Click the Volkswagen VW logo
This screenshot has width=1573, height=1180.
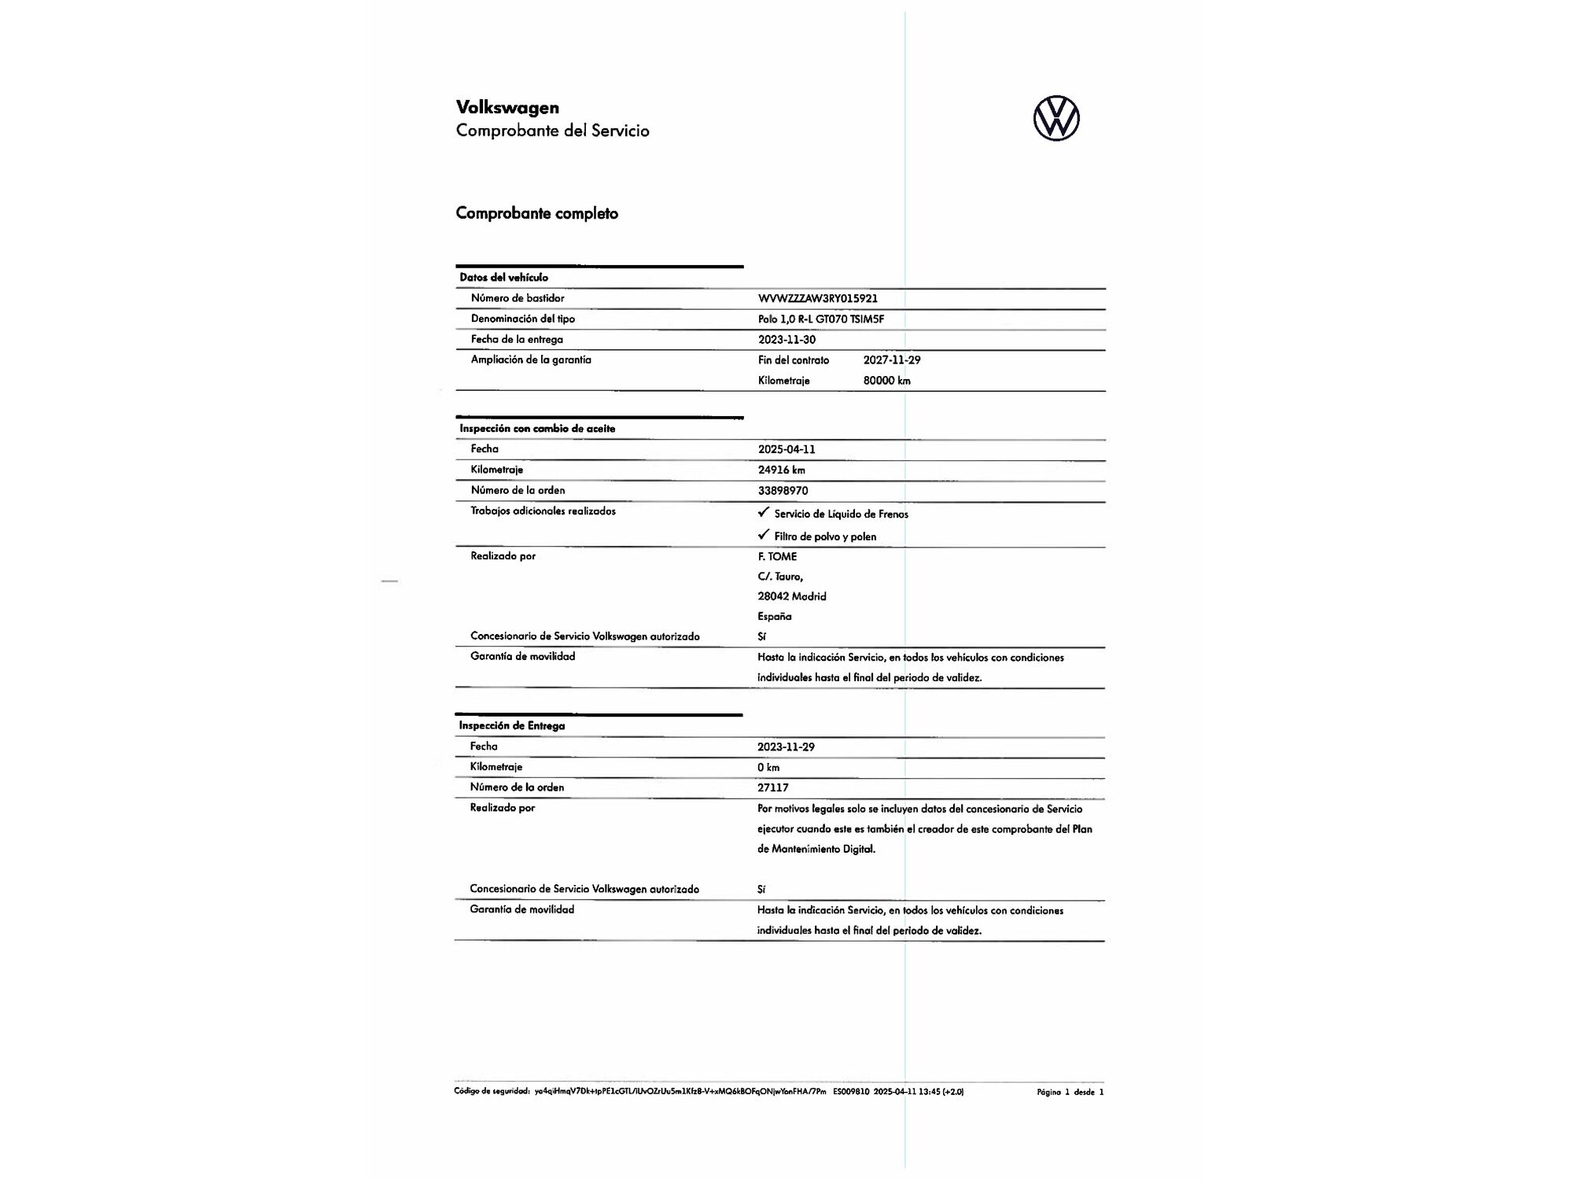[1056, 119]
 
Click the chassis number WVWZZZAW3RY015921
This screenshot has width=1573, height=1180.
[817, 299]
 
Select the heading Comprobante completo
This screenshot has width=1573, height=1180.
[536, 213]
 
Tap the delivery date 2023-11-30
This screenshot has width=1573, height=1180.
[786, 340]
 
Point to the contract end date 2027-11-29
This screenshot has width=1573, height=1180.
[892, 360]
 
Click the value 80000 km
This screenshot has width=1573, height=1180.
[886, 381]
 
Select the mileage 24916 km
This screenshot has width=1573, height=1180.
[781, 470]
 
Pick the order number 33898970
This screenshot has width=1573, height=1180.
[783, 491]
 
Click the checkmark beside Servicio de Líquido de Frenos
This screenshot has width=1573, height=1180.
[763, 512]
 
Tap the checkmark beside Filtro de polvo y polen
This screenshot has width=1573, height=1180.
[763, 535]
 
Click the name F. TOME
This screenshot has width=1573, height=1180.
[777, 557]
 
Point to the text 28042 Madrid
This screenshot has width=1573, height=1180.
[791, 597]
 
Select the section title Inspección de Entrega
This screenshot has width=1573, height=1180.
[511, 726]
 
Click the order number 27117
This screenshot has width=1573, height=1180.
[772, 787]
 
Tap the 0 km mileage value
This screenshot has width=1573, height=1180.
[768, 768]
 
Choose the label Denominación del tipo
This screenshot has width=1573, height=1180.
[522, 319]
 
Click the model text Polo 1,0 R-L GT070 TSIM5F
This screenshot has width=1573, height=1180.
[820, 319]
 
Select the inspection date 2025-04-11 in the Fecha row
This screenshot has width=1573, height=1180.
[786, 450]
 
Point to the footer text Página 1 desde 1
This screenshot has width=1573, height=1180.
[1070, 1092]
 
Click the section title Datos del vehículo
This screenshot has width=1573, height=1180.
[503, 278]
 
